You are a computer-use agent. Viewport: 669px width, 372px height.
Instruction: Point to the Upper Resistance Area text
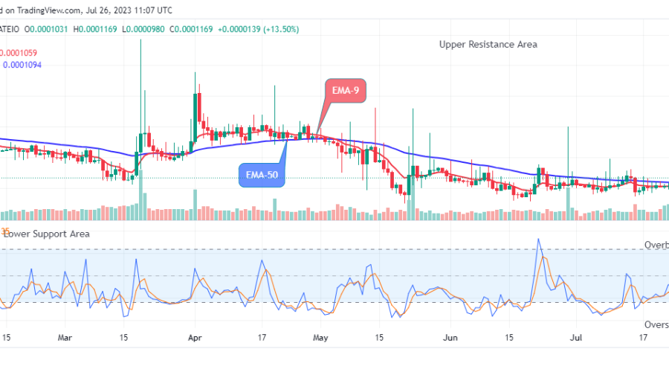coord(488,45)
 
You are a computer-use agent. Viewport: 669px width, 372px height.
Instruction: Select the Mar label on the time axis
coord(65,337)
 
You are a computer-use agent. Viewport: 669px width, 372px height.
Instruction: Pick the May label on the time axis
coord(320,337)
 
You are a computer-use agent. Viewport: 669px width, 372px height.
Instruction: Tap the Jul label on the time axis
coord(575,337)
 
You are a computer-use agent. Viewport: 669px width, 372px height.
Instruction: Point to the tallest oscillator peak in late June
coord(539,240)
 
